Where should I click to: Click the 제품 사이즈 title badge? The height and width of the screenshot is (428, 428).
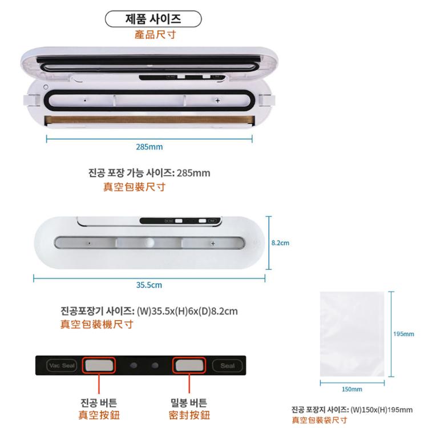pyautogui.click(x=153, y=19)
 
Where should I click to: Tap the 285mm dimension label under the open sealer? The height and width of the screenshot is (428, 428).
pyautogui.click(x=150, y=147)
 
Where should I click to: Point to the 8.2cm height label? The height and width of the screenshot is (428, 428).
pyautogui.click(x=280, y=243)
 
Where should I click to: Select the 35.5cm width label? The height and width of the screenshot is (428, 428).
pyautogui.click(x=149, y=285)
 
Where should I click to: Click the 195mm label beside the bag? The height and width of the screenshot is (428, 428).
pyautogui.click(x=403, y=334)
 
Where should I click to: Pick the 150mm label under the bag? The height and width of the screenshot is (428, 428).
pyautogui.click(x=352, y=389)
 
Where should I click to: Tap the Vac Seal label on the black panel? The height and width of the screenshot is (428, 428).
pyautogui.click(x=62, y=365)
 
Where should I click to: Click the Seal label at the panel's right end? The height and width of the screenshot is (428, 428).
pyautogui.click(x=227, y=365)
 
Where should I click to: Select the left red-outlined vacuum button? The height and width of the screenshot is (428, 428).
pyautogui.click(x=99, y=365)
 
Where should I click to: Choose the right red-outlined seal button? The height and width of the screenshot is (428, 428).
pyautogui.click(x=189, y=365)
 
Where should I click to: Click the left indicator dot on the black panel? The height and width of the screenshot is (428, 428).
pyautogui.click(x=134, y=365)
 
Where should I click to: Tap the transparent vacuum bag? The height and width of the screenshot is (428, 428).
pyautogui.click(x=352, y=334)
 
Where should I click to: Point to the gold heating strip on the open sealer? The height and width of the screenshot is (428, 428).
pyautogui.click(x=150, y=120)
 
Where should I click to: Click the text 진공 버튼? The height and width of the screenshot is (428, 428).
pyautogui.click(x=99, y=403)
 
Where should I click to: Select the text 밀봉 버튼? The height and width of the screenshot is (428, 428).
pyautogui.click(x=189, y=403)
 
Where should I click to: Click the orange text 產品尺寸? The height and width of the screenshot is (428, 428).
pyautogui.click(x=155, y=35)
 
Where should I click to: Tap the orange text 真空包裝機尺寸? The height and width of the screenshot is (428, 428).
pyautogui.click(x=96, y=324)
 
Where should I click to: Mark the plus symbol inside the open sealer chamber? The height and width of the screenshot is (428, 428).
pyautogui.click(x=217, y=100)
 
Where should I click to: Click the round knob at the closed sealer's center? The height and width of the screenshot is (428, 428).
pyautogui.click(x=149, y=243)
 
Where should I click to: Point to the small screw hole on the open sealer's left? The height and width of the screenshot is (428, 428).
pyautogui.click(x=46, y=87)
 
